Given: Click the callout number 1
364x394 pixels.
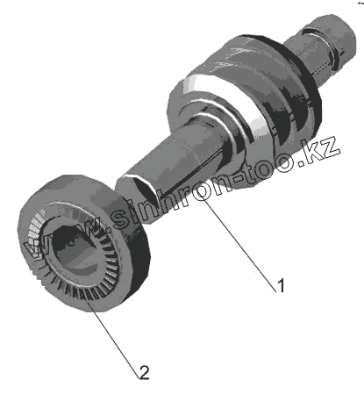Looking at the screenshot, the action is point(281,285).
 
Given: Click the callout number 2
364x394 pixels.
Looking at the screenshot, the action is point(145,372).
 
